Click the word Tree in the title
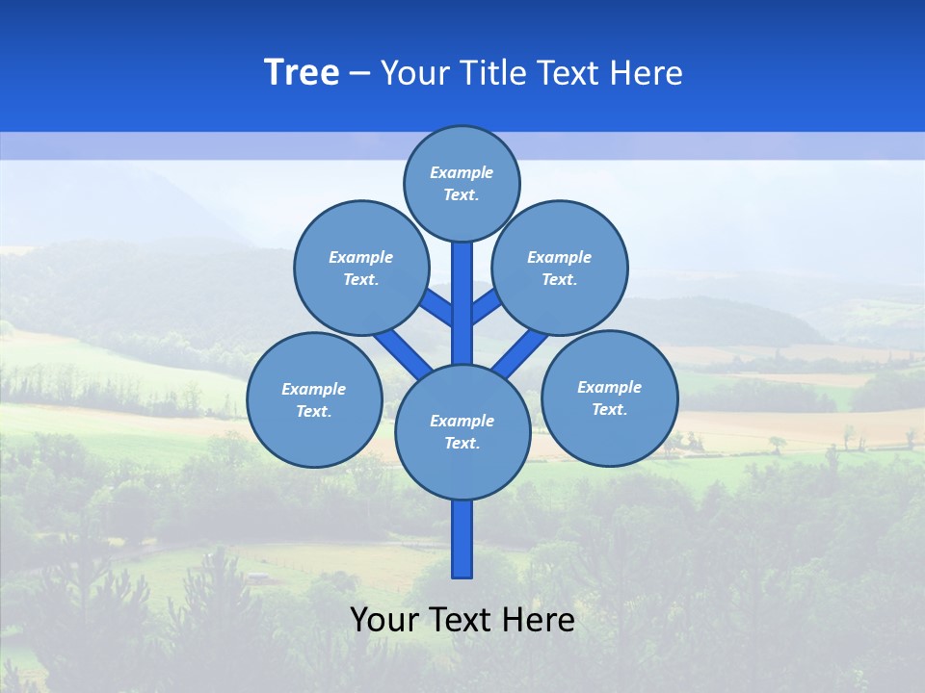302,73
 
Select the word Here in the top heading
647,73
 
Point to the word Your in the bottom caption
383,620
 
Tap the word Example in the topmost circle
462,173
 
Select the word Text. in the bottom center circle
462,444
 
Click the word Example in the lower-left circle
313,390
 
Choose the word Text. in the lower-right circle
609,410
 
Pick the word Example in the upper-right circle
559,258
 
